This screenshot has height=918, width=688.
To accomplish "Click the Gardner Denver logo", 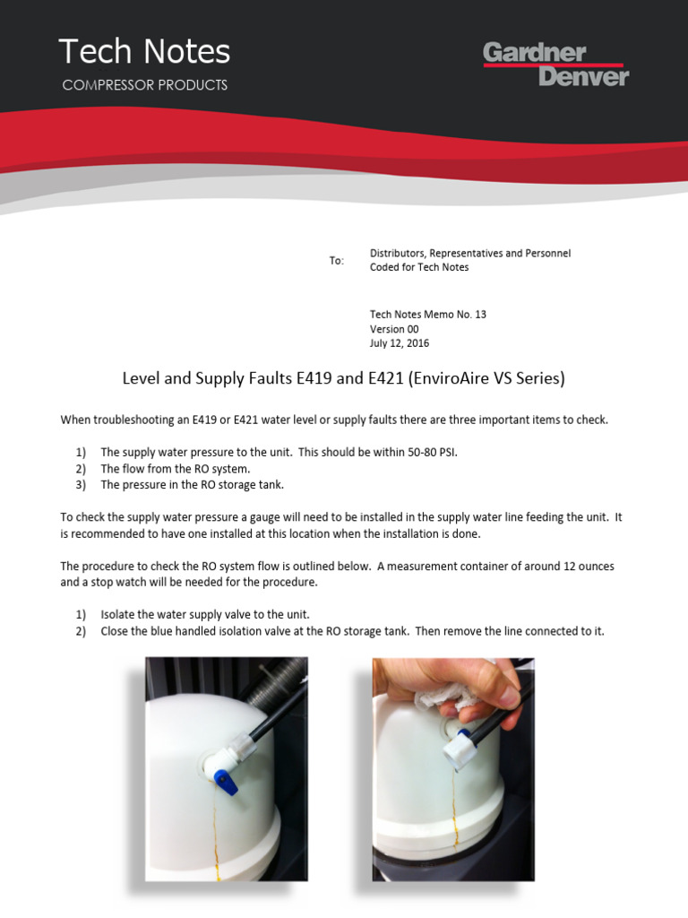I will (555, 65).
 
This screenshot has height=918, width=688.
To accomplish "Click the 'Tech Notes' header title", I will (144, 52).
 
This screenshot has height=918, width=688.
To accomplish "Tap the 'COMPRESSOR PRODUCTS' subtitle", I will (144, 85).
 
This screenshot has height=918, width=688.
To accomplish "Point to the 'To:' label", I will (336, 261).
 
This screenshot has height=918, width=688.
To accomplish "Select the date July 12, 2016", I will (400, 343).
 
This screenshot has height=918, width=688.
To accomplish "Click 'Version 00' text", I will (394, 329).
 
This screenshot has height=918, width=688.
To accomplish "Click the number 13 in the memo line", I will (480, 315).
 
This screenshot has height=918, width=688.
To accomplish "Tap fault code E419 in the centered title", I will (315, 378).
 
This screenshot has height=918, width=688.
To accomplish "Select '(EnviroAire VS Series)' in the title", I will (486, 378).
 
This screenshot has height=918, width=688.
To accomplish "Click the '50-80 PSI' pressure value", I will (430, 453).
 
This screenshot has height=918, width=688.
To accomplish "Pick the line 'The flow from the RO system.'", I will (176, 469).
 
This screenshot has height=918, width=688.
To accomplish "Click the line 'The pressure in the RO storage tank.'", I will (192, 485).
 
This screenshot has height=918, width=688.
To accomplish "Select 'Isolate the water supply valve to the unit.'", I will (205, 615).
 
